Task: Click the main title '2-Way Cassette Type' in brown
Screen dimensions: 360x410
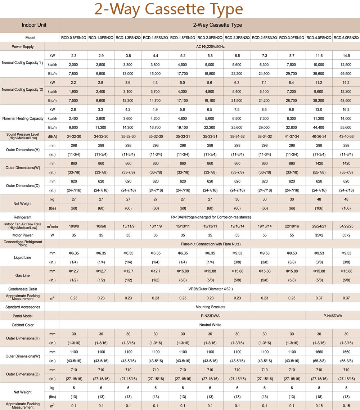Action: click(168, 9)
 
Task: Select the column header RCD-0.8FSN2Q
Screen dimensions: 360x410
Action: click(73, 38)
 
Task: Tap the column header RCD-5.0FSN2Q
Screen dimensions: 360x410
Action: click(346, 38)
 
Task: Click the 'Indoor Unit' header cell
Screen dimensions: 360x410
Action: click(34, 25)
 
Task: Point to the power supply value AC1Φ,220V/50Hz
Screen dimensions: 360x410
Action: click(210, 46)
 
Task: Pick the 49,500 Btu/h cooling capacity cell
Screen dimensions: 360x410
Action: click(346, 74)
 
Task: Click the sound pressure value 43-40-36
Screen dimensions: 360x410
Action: click(346, 136)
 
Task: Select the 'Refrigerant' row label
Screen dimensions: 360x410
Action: click(22, 217)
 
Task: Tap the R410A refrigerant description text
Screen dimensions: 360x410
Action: click(211, 217)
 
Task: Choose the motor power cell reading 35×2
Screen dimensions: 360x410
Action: click(319, 235)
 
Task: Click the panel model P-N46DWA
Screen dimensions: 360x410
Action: click(333, 316)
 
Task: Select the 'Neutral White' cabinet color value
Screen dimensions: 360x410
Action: click(210, 325)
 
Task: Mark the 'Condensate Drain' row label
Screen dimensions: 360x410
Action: click(23, 289)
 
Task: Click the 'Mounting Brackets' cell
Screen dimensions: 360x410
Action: click(210, 307)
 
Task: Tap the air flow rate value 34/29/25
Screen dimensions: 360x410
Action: click(346, 226)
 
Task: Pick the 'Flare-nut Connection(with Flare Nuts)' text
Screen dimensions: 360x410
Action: click(211, 244)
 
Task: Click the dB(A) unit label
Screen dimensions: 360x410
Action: click(52, 136)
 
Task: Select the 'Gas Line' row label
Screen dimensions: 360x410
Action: click(22, 275)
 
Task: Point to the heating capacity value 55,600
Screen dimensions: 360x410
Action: click(346, 127)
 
